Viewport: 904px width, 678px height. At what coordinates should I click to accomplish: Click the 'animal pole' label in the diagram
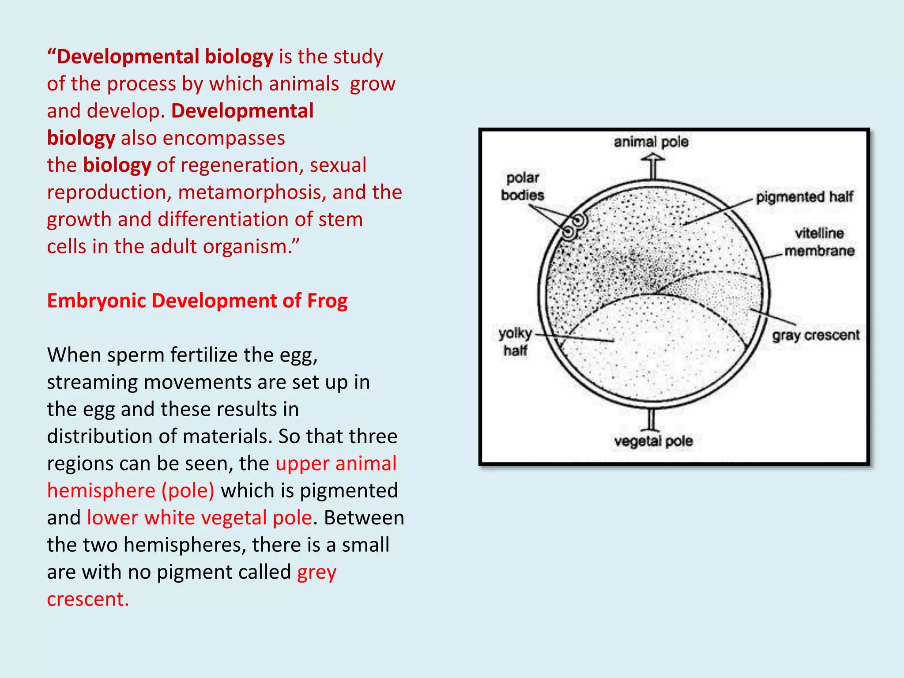(651, 142)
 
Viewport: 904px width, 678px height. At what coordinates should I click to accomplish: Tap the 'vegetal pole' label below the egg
(653, 441)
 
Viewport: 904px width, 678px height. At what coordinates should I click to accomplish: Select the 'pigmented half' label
(804, 197)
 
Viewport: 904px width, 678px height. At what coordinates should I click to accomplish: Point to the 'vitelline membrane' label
(819, 242)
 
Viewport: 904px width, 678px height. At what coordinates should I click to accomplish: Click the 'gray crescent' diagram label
(816, 335)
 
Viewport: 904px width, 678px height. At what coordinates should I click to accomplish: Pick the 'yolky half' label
(515, 342)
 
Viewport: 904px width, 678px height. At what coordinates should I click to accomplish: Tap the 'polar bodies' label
(523, 186)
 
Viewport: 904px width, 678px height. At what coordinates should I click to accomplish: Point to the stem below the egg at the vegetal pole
(651, 419)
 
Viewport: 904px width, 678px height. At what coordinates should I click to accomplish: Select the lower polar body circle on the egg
(569, 232)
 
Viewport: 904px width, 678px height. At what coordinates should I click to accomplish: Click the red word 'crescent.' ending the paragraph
(88, 599)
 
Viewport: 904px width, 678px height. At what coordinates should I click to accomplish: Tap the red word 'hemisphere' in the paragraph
(101, 491)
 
